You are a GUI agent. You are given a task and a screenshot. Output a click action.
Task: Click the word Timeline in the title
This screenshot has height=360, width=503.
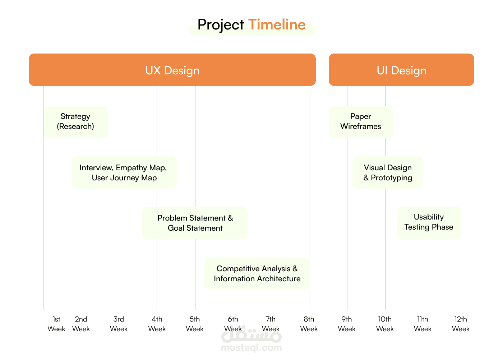pos(277,24)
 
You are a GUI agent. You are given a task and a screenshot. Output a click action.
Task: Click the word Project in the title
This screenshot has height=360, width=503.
pos(221,25)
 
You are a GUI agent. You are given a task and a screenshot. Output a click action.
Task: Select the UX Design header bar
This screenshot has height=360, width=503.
pos(172,70)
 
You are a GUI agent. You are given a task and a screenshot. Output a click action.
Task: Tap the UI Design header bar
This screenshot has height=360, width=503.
pos(401,70)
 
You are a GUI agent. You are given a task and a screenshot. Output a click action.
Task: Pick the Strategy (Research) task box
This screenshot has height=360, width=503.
pos(76,122)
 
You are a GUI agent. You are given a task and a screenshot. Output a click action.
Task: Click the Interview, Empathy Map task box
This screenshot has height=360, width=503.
pos(124,172)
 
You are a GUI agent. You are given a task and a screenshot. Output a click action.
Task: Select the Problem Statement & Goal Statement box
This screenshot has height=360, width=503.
pos(195,222)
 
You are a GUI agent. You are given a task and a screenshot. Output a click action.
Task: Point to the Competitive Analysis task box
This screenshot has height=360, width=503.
pos(257,273)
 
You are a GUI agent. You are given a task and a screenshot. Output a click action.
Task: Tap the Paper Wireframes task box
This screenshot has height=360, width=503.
pos(361,122)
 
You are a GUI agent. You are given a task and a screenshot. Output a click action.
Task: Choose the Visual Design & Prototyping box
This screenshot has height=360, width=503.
pos(388,172)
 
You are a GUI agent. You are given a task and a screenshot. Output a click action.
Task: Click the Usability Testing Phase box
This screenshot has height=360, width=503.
pos(429,222)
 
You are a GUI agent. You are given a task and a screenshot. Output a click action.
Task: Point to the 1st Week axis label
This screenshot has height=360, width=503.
pos(56,324)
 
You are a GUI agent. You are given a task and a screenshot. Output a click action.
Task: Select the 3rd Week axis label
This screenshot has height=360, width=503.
pos(119,324)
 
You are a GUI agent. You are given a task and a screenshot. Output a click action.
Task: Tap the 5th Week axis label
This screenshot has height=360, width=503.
pos(194,324)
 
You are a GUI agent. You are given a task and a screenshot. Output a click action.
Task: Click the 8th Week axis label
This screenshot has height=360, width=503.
pos(309,324)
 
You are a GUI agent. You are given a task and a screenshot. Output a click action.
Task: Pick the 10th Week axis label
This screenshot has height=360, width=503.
pos(385,324)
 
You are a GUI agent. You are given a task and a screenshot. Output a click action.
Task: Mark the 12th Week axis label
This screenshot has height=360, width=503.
pos(461,324)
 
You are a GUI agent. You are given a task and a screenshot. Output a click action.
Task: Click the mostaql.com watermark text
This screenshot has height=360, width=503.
pos(251,348)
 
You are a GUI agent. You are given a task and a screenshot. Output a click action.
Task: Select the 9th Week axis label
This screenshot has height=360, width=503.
pos(346,324)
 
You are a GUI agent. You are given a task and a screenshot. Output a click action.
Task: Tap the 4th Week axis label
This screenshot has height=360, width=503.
pos(157,324)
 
